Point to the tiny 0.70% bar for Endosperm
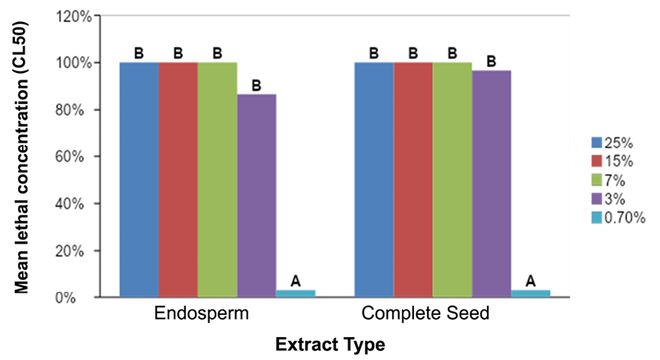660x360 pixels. pos(295,293)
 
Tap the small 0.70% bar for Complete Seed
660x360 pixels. pos(530,293)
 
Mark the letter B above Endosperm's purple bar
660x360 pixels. pos(257,84)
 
